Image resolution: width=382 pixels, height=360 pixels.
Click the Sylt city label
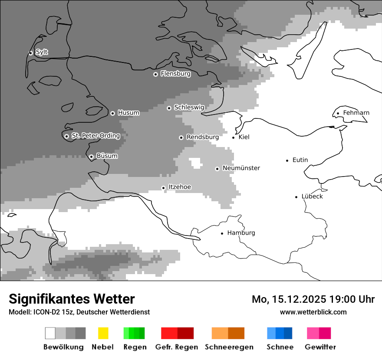pos(42,52)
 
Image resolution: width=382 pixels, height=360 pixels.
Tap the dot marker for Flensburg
pos(155,74)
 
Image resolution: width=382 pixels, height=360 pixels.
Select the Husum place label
pos(128,113)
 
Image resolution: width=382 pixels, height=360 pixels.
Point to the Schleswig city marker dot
pos(169,108)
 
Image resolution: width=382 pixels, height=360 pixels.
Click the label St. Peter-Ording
pos(95,136)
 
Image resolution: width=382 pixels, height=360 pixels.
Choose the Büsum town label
pos(107,156)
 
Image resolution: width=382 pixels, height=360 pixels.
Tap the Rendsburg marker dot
pos(181,137)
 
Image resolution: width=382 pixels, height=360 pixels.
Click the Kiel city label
pos(244,137)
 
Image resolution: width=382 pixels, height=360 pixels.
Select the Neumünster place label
pos(241,168)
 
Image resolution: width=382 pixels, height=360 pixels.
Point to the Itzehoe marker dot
pos(163,188)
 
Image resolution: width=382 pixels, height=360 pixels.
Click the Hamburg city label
pos(241,233)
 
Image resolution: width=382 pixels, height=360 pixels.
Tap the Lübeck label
pos(312,196)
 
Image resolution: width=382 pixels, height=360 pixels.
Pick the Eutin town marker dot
pos(287,160)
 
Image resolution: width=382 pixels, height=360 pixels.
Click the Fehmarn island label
pos(356,113)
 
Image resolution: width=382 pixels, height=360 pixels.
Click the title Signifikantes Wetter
pos(72,299)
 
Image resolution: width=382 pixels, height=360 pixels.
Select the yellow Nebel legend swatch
pos(103,333)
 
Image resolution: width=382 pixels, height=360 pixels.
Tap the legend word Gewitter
pos(320,347)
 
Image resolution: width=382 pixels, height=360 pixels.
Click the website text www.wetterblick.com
pos(313,312)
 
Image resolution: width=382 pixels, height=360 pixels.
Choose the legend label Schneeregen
pos(229,347)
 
